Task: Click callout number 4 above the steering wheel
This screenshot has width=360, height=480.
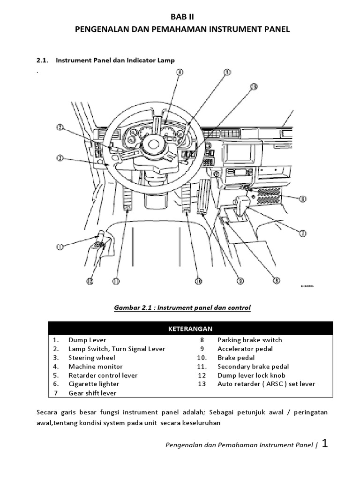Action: [x=180, y=72]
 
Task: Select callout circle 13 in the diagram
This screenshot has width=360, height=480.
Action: [x=254, y=86]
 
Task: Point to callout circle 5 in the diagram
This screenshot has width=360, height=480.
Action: [x=227, y=72]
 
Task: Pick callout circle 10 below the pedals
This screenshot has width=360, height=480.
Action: [x=198, y=281]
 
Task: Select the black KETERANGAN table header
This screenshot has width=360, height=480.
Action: [x=190, y=328]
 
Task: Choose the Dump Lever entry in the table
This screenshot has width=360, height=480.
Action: [x=87, y=340]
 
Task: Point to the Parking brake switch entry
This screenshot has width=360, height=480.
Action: [x=249, y=340]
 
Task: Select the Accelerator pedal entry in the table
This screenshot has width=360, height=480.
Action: [x=245, y=349]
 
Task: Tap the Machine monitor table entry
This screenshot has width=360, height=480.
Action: [x=95, y=367]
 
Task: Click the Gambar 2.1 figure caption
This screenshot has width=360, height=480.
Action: [x=182, y=307]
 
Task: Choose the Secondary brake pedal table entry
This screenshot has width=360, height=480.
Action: [x=253, y=367]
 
